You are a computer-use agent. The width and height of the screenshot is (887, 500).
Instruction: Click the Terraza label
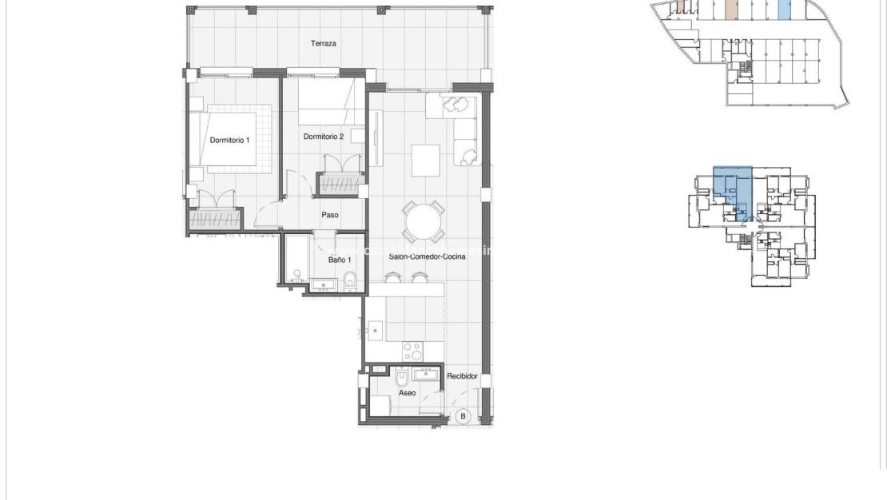[x=323, y=44]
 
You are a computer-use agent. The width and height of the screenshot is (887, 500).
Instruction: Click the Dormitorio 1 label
[x=229, y=141]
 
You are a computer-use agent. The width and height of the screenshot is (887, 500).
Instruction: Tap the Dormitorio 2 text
[x=324, y=137]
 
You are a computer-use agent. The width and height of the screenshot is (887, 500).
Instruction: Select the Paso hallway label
[x=330, y=215]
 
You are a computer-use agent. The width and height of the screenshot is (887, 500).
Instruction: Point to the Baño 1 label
[x=339, y=260]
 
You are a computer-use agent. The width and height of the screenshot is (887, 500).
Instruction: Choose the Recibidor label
[x=462, y=375]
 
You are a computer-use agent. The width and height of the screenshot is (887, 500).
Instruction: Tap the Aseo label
[x=407, y=393]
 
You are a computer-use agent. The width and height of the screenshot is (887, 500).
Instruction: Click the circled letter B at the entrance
[x=463, y=416]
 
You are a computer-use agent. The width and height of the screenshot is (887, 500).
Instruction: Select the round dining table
[x=424, y=221]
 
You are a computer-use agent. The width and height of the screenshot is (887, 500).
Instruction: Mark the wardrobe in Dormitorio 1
[x=216, y=218]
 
